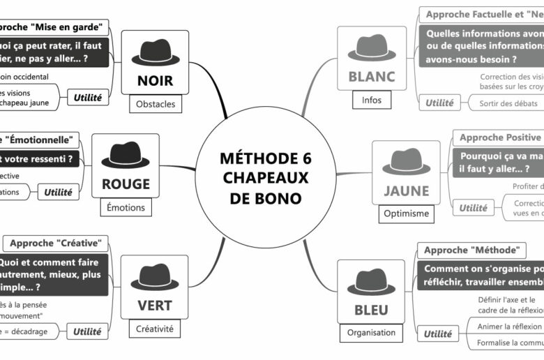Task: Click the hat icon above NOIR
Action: (x=155, y=52)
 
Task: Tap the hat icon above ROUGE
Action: (x=126, y=156)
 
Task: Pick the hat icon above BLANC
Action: (x=371, y=48)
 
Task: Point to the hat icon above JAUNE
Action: (x=406, y=161)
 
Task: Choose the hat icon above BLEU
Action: (x=371, y=281)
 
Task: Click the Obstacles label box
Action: (x=156, y=105)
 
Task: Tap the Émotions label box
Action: (x=126, y=207)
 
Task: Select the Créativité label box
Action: (x=155, y=329)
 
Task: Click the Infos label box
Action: (x=371, y=100)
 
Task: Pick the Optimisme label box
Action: (x=406, y=213)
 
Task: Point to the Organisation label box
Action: (x=371, y=333)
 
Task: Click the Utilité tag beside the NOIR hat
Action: (x=88, y=98)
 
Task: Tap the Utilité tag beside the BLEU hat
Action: (x=438, y=334)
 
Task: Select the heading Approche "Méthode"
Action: (x=471, y=250)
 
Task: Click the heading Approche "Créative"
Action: (x=56, y=243)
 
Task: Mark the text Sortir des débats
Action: (x=508, y=103)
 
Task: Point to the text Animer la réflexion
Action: (x=509, y=326)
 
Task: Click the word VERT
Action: (x=155, y=306)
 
